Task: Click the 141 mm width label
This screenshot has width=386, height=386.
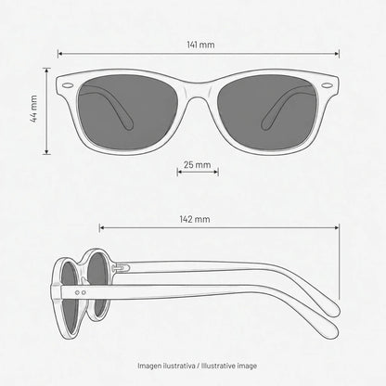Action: coord(200,45)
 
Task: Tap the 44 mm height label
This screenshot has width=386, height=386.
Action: coord(33,109)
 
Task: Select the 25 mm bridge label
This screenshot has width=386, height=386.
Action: coord(197,164)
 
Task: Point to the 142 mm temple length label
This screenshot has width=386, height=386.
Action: coord(195,219)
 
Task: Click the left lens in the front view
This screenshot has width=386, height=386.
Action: coord(127,112)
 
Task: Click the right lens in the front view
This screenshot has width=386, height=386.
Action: coord(268,112)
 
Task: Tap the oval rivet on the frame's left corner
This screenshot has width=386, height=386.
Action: coord(67,85)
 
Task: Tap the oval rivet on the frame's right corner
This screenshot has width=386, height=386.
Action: coord(327,85)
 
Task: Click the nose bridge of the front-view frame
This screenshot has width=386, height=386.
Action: coord(198,90)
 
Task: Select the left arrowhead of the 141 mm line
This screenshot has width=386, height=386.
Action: coord(60,54)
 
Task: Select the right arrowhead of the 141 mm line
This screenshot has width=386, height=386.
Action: coord(337,54)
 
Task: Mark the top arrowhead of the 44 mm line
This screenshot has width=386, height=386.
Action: coord(46,71)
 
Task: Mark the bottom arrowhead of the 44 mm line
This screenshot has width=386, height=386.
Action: coord(46,151)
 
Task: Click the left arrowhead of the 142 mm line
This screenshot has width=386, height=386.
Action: coord(102,228)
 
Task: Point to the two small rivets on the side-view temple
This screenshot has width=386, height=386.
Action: coord(81,292)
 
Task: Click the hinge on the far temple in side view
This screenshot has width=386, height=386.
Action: coord(121,267)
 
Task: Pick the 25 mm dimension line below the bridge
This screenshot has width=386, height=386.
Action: coord(198,172)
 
